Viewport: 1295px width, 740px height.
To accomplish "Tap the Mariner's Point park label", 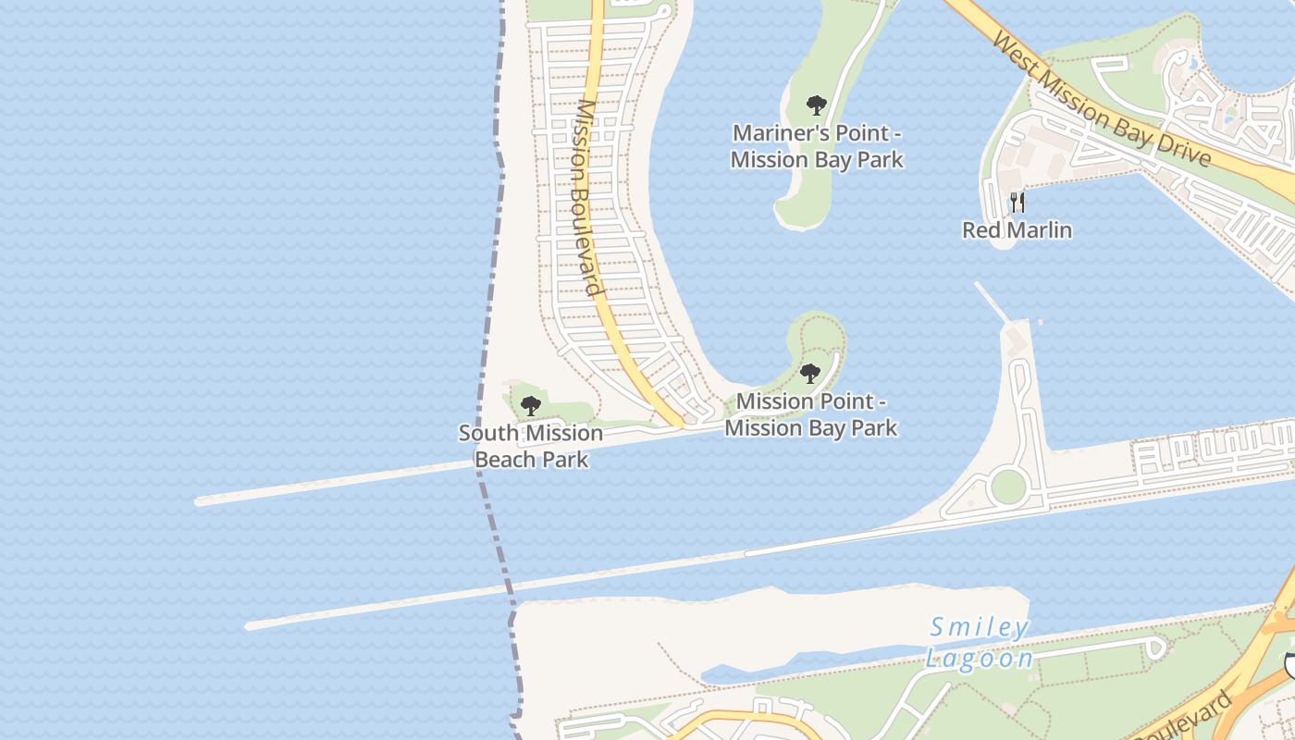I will pos(817,146).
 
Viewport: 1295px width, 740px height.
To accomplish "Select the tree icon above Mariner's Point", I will pos(816,105).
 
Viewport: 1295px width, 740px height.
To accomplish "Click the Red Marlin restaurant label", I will pos(1017,229).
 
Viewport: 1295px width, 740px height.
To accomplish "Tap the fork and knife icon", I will pos(1017,203).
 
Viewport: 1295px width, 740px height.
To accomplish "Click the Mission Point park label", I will pos(811,414).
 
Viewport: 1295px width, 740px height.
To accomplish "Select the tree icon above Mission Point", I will pos(810,374).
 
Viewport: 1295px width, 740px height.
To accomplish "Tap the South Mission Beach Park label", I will pos(531,446).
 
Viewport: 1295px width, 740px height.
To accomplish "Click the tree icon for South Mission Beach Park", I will pos(530,405).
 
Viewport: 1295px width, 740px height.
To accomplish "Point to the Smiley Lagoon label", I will pos(980,643).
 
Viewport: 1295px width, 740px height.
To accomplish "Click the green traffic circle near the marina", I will pos(1007,487).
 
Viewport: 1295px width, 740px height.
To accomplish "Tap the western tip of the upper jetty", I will pos(200,501).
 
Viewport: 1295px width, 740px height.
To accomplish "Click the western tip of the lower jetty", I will pos(250,626).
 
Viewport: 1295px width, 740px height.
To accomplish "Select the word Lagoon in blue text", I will pos(980,659).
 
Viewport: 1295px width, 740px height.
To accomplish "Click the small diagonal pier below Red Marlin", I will pos(991,302).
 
